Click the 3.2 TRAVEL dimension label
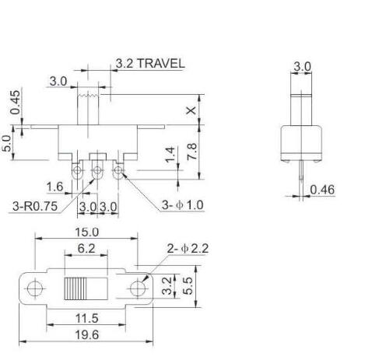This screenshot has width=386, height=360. [150, 63]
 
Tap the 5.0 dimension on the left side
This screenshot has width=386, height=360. [9, 144]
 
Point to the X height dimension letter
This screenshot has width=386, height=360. [191, 110]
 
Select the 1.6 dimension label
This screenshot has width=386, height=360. [54, 186]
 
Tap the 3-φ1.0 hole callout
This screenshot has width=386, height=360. [182, 205]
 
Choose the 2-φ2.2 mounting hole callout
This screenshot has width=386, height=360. [188, 249]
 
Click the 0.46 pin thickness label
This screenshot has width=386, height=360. [322, 189]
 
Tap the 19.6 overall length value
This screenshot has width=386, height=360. [86, 336]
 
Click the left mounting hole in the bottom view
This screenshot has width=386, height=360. [33, 289]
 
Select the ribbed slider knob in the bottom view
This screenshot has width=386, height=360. [76, 289]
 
